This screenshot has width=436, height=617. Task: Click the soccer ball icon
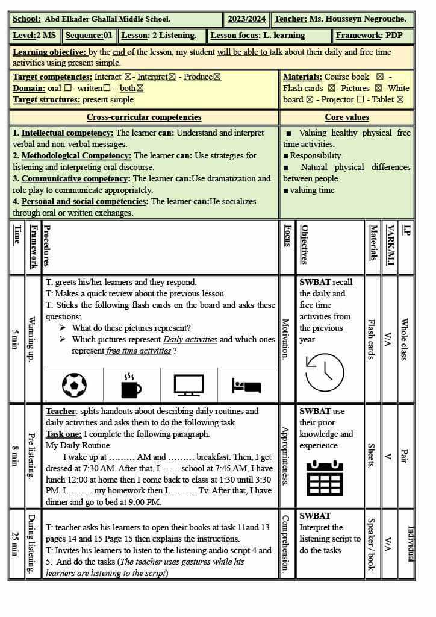coord(74,385)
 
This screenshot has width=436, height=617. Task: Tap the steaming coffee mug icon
coord(131,386)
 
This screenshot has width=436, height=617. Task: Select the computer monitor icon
coord(188,385)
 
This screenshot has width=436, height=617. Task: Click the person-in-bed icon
coord(246,386)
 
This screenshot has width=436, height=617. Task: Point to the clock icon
coord(325,372)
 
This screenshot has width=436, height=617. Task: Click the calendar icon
coord(325,478)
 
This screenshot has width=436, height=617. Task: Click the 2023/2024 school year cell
coord(246,19)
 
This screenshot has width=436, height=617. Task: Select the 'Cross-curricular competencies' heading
coord(144,117)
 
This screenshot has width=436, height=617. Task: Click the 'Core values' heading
coord(346,117)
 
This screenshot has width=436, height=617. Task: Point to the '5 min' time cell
coord(16,340)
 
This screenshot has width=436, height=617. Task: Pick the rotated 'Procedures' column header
coord(47,246)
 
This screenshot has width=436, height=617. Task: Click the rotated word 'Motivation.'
coord(287,340)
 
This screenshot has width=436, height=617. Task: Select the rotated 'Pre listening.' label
coord(32,456)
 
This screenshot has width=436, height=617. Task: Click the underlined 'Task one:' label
coord(63,434)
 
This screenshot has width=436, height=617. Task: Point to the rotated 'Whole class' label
coord(405,340)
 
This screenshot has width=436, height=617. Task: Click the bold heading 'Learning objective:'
coord(49,52)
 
